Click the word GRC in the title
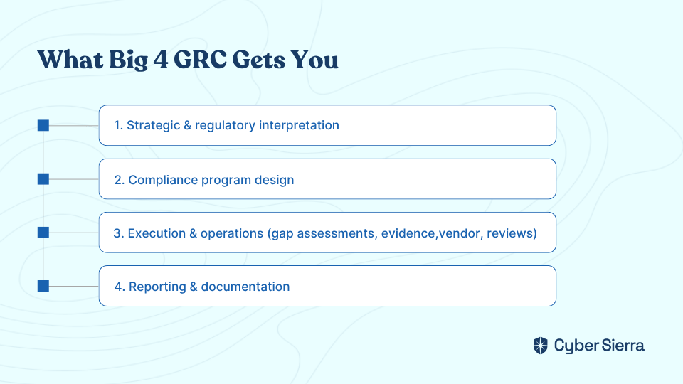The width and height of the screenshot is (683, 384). click(x=200, y=59)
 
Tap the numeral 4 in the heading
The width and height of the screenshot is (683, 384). click(x=160, y=60)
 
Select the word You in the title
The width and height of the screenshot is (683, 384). click(x=314, y=60)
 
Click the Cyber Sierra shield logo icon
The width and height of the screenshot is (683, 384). click(x=541, y=346)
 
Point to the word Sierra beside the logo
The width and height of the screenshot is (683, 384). click(x=623, y=346)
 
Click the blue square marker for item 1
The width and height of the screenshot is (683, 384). click(x=43, y=125)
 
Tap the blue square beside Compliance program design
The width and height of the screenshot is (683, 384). click(x=43, y=179)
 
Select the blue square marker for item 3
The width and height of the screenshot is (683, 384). click(x=43, y=233)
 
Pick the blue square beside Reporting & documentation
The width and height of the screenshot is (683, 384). click(x=43, y=286)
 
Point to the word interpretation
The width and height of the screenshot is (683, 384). click(x=299, y=125)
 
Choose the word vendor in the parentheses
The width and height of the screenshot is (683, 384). click(x=459, y=233)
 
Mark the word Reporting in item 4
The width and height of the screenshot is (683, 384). click(x=157, y=287)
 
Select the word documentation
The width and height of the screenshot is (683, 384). click(x=245, y=287)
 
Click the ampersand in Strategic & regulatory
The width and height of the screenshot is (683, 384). click(x=187, y=125)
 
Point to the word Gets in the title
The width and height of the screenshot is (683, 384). click(x=259, y=60)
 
